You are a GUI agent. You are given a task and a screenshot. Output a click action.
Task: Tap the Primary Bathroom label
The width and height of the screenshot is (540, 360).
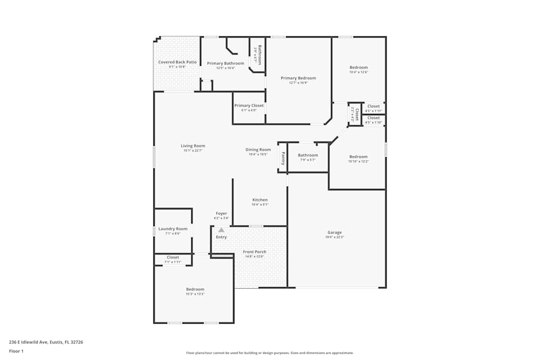click(x=226, y=63)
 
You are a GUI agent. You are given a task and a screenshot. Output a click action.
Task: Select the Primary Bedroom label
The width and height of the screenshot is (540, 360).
click(x=298, y=78)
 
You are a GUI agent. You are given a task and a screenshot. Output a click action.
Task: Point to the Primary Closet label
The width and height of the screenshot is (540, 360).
click(x=249, y=105)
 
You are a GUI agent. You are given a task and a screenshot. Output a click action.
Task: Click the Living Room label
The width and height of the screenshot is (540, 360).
click(x=193, y=146)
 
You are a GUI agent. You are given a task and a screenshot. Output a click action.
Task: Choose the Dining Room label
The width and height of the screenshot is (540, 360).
click(x=258, y=150)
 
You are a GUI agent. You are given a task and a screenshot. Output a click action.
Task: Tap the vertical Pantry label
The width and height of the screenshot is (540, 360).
click(x=282, y=158)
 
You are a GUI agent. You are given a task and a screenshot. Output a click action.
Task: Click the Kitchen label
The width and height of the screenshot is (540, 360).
click(x=260, y=200)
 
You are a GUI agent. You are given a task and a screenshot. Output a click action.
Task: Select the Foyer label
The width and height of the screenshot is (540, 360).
click(x=221, y=213)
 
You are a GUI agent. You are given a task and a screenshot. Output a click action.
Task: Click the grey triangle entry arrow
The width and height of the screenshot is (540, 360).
click(x=221, y=230)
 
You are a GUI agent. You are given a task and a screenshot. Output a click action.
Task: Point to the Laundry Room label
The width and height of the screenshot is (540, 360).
click(x=173, y=228)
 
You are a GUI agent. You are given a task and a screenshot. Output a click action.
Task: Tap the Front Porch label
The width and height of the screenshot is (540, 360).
click(x=254, y=252)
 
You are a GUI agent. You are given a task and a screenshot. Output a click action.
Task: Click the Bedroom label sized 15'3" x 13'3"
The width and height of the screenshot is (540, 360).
click(x=195, y=289)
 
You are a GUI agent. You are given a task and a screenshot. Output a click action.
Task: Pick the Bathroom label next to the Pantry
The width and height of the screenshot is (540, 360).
click(x=308, y=155)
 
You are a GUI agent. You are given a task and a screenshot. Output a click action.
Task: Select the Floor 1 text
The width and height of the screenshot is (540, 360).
click(x=16, y=351)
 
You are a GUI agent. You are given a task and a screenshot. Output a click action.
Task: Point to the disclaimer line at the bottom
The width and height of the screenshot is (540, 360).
click(x=269, y=353)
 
